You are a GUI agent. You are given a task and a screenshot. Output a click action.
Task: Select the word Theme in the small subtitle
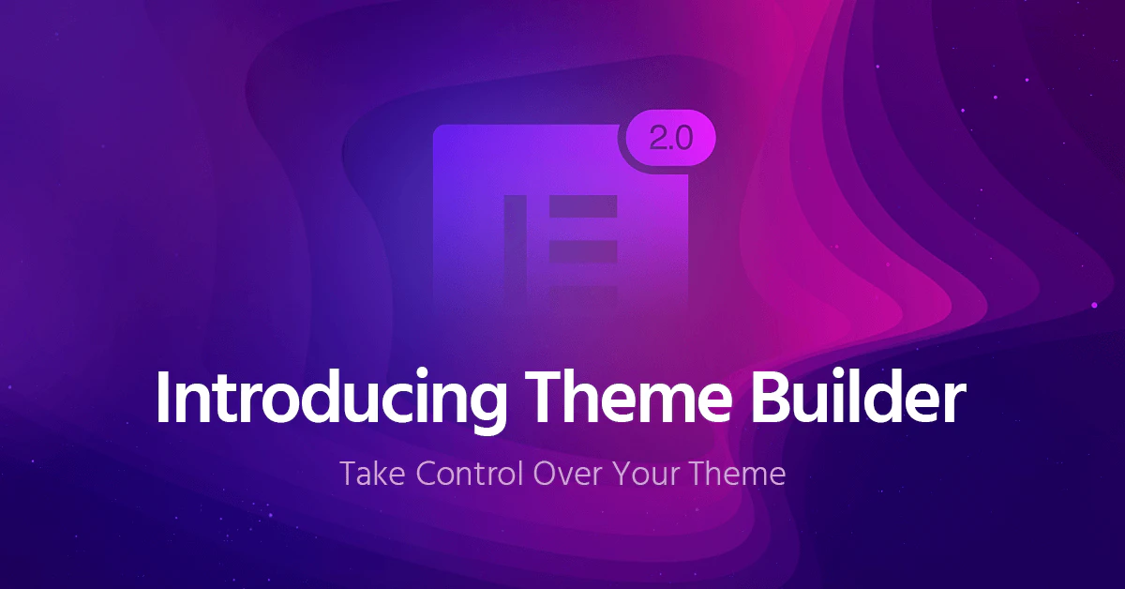(x=737, y=474)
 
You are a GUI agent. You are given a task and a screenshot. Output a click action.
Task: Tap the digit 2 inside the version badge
(x=656, y=139)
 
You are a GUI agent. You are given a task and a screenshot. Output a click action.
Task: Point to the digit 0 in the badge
(x=682, y=139)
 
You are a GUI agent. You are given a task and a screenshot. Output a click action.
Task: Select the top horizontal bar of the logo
(x=582, y=205)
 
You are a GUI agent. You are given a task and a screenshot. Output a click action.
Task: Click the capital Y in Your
(x=621, y=474)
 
